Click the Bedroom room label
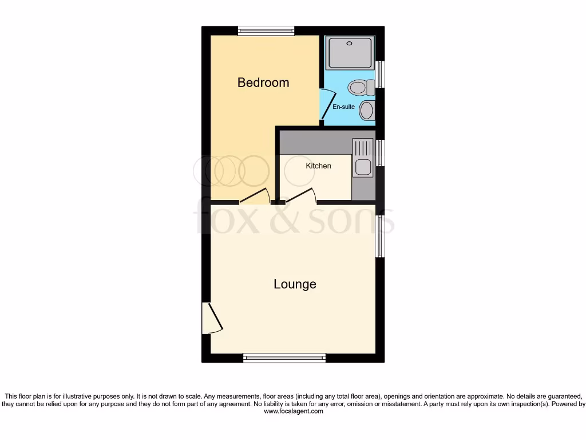point(263,82)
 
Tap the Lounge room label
point(295,284)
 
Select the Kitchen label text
point(318,166)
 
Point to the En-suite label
point(344,107)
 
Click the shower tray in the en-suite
point(350,53)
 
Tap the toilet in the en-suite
point(360,88)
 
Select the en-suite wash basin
point(367,110)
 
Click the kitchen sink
point(363,167)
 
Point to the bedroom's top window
point(266,31)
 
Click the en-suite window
point(380,74)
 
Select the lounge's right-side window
point(379,236)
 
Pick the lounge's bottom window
point(284,358)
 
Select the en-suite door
point(326,106)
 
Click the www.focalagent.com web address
point(293,411)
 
